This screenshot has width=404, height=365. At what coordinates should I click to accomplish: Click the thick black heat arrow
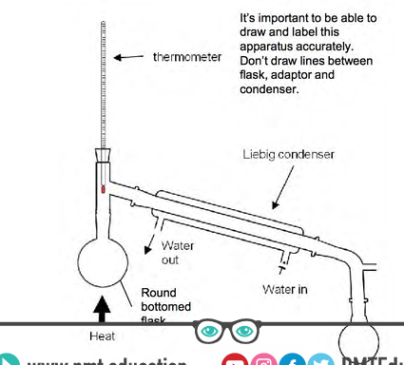pos(102,305)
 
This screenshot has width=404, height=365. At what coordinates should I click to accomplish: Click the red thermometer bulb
pos(101,189)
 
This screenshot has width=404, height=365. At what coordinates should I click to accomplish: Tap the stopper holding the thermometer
pos(101,155)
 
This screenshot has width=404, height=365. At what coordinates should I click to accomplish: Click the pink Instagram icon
pos(265,360)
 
